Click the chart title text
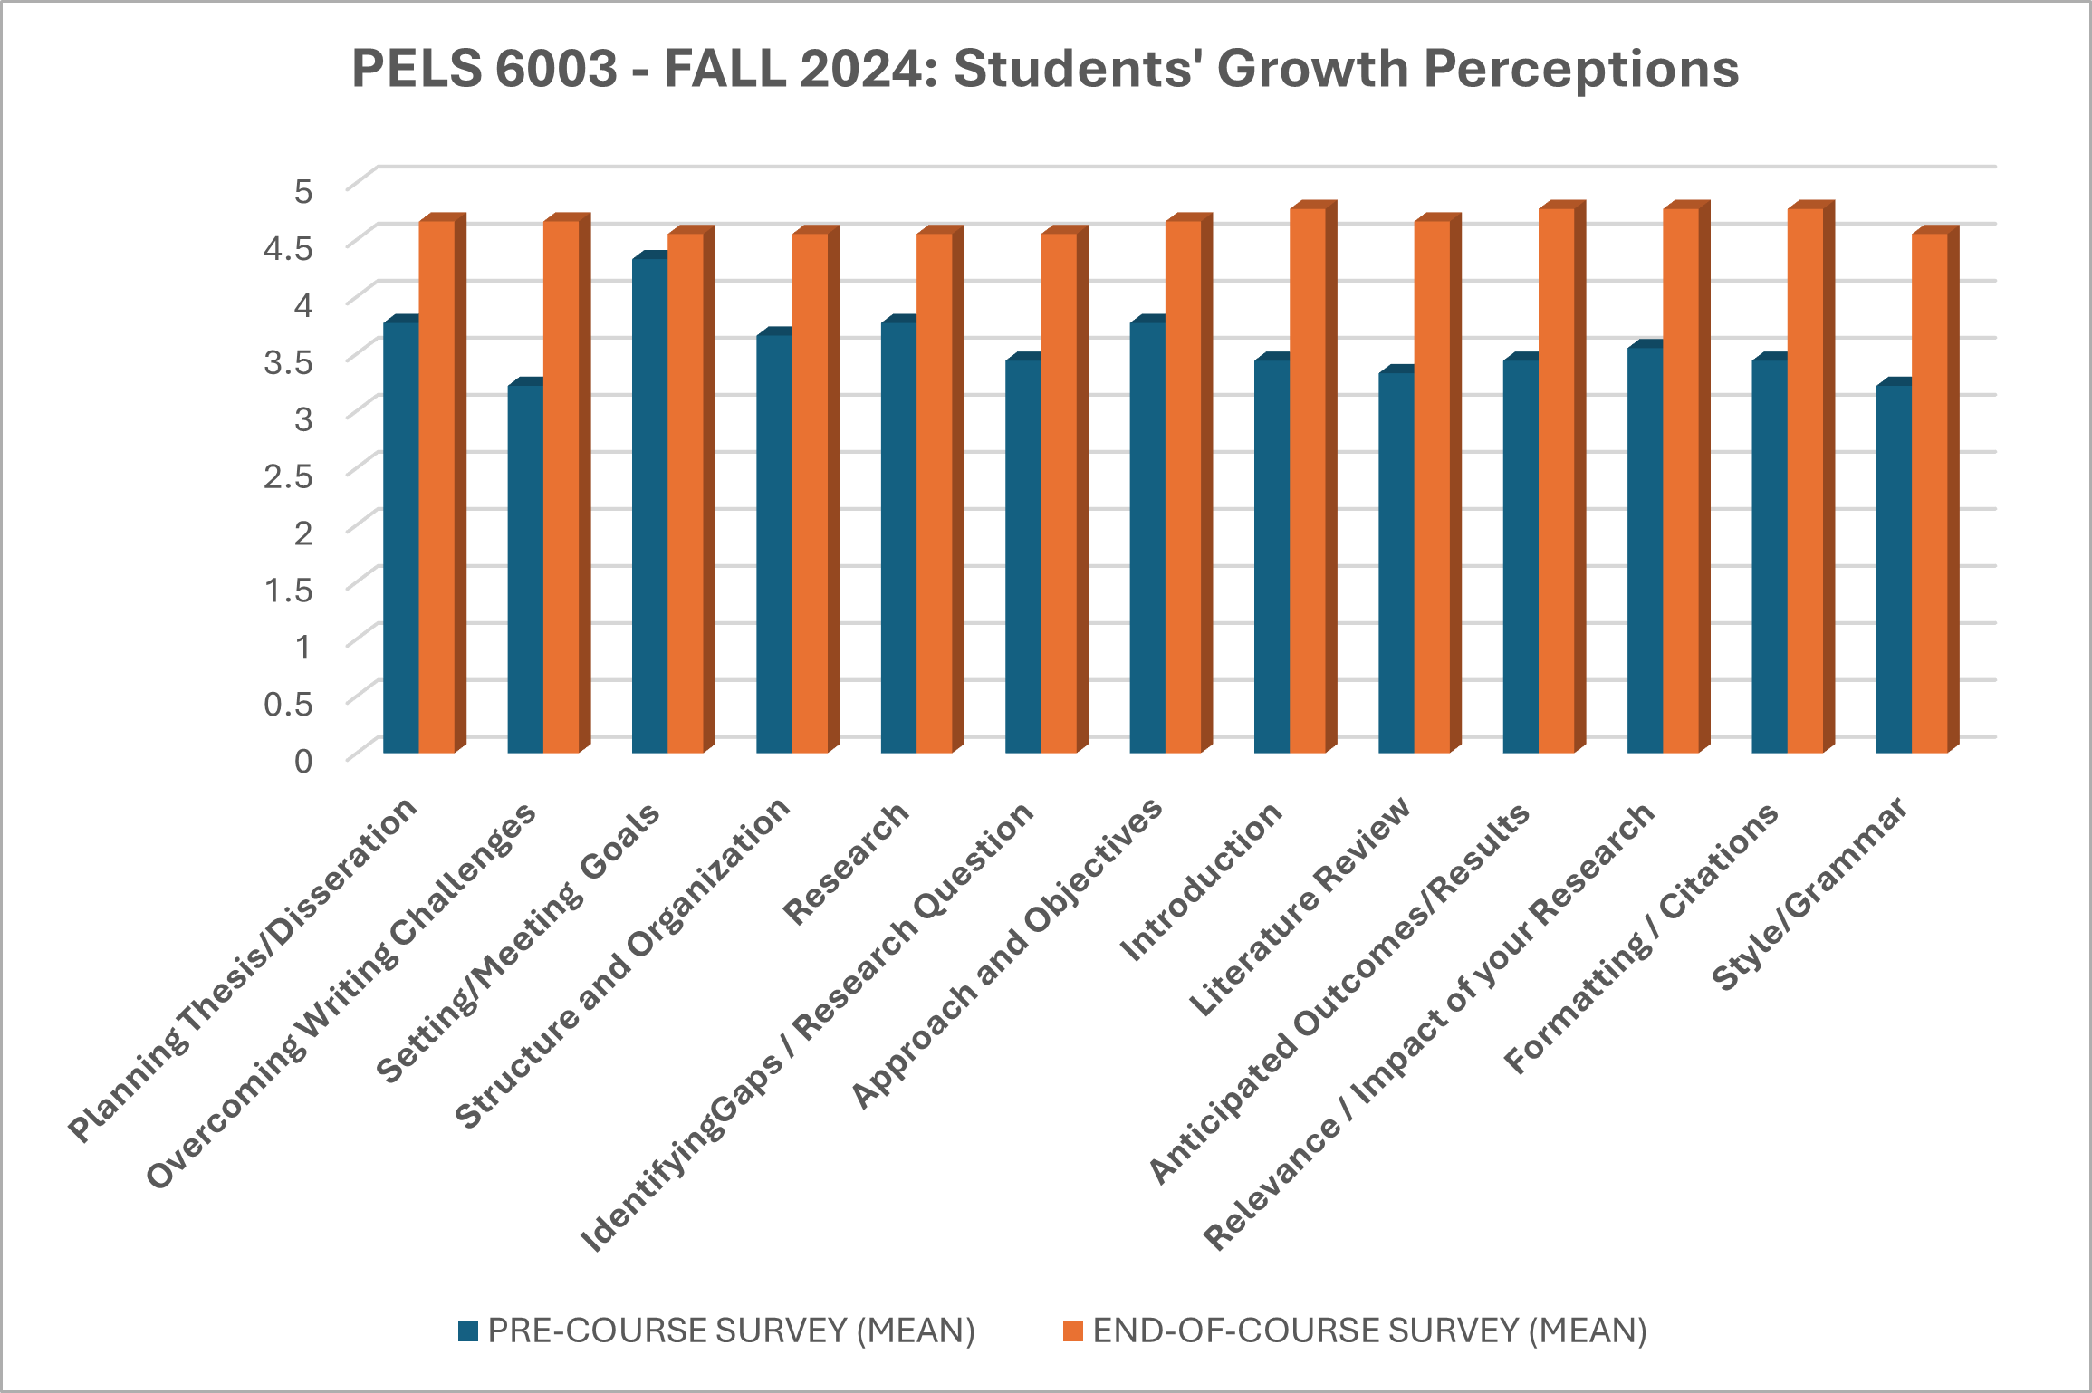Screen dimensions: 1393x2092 coord(1044,69)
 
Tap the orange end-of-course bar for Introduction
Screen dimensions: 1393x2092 coord(1307,480)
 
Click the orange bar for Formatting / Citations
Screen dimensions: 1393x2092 coord(1805,480)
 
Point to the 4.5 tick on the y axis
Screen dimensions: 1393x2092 coord(287,247)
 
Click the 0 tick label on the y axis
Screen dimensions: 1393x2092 coord(302,760)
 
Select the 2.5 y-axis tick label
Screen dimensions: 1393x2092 coord(287,476)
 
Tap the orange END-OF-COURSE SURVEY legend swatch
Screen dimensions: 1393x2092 coord(1073,1331)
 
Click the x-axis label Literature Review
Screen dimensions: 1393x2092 coord(1300,906)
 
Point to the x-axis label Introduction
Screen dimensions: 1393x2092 coord(1202,881)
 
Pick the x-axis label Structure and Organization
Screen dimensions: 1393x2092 coord(622,965)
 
